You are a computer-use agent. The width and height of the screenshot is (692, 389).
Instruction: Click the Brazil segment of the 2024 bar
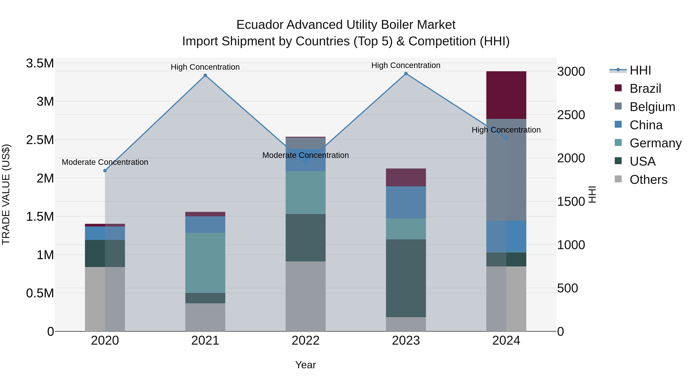pyautogui.click(x=506, y=95)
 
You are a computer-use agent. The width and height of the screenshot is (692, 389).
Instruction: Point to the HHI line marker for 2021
pyautogui.click(x=205, y=75)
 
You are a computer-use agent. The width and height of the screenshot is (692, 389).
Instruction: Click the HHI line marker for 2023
pyautogui.click(x=406, y=74)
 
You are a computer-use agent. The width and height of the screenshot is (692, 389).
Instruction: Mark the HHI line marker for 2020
pyautogui.click(x=105, y=171)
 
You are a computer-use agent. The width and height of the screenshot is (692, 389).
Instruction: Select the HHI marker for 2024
pyautogui.click(x=506, y=139)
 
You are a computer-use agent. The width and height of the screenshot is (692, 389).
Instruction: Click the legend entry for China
pyautogui.click(x=646, y=125)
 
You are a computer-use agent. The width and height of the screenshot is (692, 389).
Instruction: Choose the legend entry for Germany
pyautogui.click(x=655, y=143)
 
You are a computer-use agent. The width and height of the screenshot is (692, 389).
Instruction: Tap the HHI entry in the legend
pyautogui.click(x=640, y=70)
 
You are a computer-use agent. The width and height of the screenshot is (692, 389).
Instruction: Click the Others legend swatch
pyautogui.click(x=618, y=179)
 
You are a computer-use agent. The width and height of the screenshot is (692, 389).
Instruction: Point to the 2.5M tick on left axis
pyautogui.click(x=40, y=140)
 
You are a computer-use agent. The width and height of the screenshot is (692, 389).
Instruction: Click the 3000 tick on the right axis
pyautogui.click(x=571, y=72)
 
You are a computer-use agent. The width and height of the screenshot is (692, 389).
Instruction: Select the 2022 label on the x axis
pyautogui.click(x=305, y=340)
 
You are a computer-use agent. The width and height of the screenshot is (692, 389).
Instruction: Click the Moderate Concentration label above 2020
pyautogui.click(x=105, y=162)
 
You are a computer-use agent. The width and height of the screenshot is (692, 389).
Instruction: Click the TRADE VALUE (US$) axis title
pyautogui.click(x=6, y=194)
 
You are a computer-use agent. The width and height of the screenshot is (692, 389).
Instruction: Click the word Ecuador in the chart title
pyautogui.click(x=259, y=25)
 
